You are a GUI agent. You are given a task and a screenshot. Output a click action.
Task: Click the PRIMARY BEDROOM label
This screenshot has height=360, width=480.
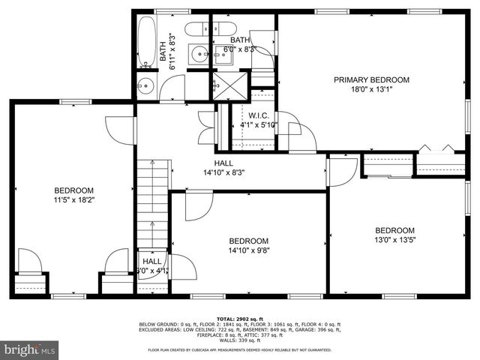pyautogui.click(x=371, y=79)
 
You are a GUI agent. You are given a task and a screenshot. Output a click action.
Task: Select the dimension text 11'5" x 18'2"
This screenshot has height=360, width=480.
pyautogui.click(x=73, y=200)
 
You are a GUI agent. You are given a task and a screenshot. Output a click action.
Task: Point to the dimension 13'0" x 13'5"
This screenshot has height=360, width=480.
pyautogui.click(x=394, y=240)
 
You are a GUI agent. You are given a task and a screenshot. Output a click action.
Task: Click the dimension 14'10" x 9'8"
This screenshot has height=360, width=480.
pyautogui.click(x=248, y=251)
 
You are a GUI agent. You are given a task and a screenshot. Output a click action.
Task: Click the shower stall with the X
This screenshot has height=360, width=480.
pyautogui.click(x=228, y=83)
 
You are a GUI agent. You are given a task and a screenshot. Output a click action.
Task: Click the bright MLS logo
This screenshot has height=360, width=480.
pyautogui.click(x=30, y=349)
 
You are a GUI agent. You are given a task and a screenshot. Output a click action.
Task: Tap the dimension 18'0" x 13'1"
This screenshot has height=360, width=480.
pyautogui.click(x=371, y=89)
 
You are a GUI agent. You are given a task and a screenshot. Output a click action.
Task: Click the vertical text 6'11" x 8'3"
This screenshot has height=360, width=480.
pyautogui.click(x=172, y=51)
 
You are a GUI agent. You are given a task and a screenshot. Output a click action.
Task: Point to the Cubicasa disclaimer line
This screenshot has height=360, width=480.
pyautogui.click(x=240, y=349)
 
